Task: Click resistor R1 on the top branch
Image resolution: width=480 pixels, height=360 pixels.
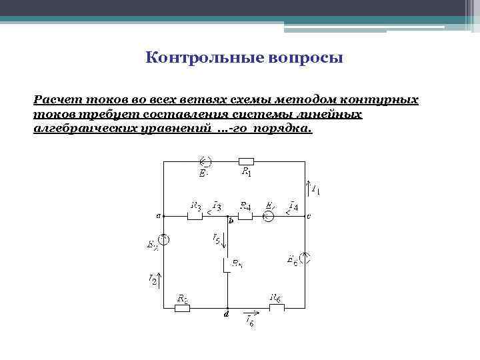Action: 246,161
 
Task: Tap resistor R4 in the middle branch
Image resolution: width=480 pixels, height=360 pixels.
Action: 245,216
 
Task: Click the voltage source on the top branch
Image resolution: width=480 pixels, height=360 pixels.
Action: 206,161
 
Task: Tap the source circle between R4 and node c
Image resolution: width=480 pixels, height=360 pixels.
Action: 268,216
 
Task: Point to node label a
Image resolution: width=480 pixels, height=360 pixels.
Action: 158,216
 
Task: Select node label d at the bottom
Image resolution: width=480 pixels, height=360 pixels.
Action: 227,314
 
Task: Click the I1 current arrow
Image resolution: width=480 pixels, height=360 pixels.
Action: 307,186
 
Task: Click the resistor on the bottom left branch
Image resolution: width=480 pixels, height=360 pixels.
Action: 181,307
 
